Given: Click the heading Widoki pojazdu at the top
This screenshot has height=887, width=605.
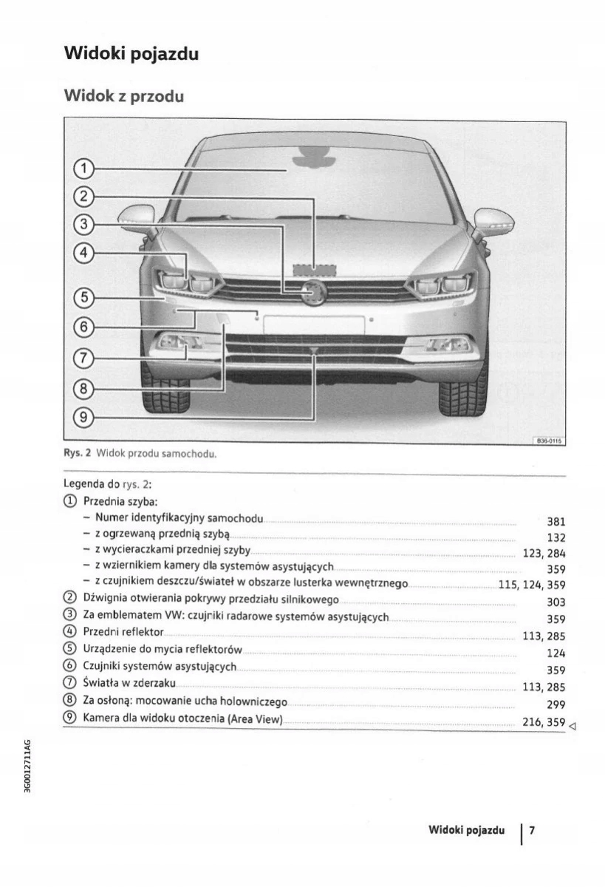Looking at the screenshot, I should click(x=131, y=53).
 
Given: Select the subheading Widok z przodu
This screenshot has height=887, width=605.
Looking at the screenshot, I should click(x=123, y=96).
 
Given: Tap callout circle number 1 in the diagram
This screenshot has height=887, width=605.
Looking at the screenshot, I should click(x=84, y=169).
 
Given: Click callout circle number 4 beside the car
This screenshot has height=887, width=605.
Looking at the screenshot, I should click(x=84, y=253).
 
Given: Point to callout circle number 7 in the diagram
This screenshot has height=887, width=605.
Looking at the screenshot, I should click(x=84, y=358).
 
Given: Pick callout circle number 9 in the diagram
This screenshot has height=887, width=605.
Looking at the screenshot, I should click(x=84, y=418).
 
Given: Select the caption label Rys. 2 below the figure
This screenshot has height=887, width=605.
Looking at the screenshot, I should click(x=77, y=454).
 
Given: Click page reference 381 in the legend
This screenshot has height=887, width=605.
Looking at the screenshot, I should click(x=556, y=521).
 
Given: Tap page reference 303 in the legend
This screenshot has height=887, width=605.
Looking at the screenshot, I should click(x=556, y=602).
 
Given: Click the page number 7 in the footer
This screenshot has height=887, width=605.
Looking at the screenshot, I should click(x=531, y=831).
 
